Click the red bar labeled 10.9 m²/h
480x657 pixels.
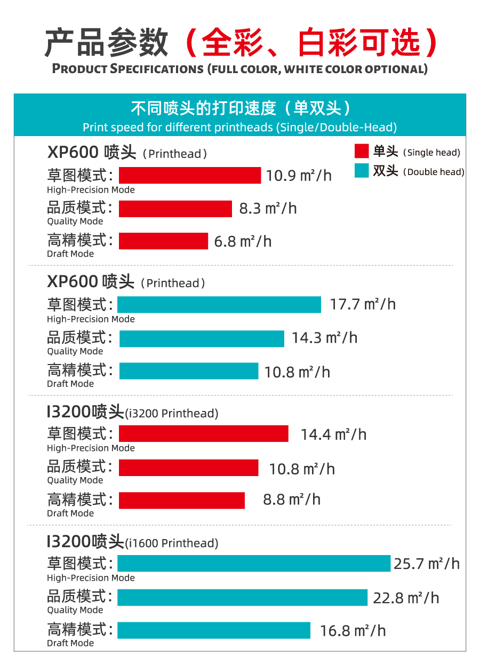coord(190,175)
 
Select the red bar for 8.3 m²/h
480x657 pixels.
coord(175,209)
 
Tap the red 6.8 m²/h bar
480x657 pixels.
coord(163,241)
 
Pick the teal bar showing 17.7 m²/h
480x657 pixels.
coord(219,305)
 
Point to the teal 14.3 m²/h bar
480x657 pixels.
coord(202,338)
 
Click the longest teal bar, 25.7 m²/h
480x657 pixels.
coord(254,563)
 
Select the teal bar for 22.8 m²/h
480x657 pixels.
coord(243,597)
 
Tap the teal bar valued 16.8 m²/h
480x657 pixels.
coord(214,630)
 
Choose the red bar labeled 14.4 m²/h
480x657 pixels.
coord(203,434)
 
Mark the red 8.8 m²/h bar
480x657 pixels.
coord(182,500)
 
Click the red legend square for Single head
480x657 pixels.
coord(362,152)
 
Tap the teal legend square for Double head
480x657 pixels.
coord(362,171)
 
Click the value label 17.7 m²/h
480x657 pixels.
coord(363,305)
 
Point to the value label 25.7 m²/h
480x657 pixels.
coord(427,564)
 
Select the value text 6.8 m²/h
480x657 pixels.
coord(243,242)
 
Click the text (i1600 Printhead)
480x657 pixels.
coord(171,543)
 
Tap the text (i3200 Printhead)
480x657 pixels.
coord(171,413)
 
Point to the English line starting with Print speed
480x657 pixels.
coord(240,128)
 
